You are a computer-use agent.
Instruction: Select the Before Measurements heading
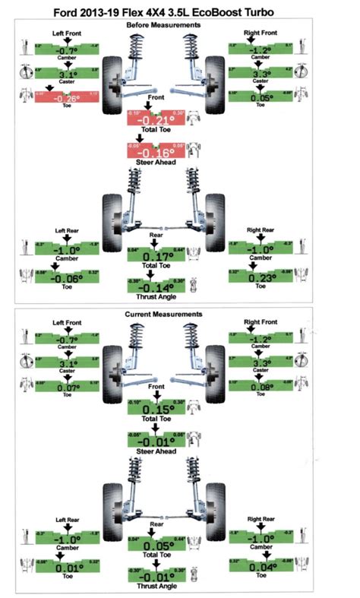tap(179, 26)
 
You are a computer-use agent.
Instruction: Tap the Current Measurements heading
tap(179, 314)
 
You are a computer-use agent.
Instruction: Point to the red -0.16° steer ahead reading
tap(156, 149)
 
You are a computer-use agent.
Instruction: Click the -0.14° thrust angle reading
tap(156, 288)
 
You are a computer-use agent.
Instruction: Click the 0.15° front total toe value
tap(156, 410)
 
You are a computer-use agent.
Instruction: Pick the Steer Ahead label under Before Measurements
tap(155, 161)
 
